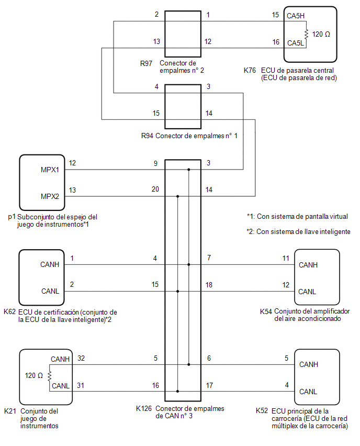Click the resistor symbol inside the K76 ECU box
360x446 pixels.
(306, 35)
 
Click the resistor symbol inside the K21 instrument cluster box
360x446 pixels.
(50, 376)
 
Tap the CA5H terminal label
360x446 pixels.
(296, 16)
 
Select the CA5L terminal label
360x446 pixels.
(296, 43)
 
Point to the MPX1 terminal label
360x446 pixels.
(50, 170)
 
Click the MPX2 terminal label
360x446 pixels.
(50, 196)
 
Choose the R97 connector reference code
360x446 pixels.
(146, 63)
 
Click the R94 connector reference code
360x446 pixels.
(147, 136)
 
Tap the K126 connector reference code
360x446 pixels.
(144, 409)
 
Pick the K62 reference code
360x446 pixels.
(9, 312)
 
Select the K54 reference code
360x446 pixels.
(266, 312)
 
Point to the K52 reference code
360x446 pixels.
(262, 411)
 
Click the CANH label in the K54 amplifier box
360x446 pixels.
(308, 265)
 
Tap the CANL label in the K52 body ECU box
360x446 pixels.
(308, 392)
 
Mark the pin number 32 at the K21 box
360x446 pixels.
(81, 359)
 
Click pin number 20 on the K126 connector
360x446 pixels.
(155, 189)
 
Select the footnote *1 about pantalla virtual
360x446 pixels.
(297, 217)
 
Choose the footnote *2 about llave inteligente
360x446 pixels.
(298, 232)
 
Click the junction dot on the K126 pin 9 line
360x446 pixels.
(189, 170)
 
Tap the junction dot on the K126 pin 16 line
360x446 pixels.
(178, 392)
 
